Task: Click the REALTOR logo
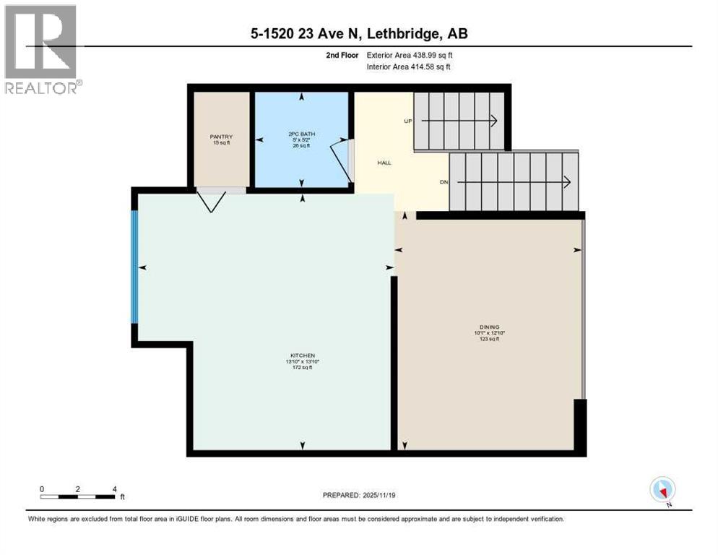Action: [x=43, y=49]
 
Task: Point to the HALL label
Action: [x=384, y=163]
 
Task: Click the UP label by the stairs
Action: [x=407, y=121]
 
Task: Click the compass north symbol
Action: [x=662, y=491]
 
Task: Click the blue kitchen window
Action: [x=134, y=267]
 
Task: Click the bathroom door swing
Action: [x=340, y=158]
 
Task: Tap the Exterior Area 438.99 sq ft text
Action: [x=410, y=55]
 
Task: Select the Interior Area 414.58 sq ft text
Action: [x=410, y=67]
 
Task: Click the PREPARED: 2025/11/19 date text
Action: [x=359, y=495]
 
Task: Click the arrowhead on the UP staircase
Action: [x=494, y=121]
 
